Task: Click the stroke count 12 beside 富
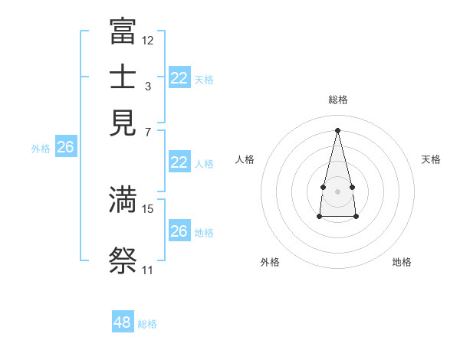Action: pyautogui.click(x=148, y=40)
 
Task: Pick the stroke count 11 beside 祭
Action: pyautogui.click(x=147, y=270)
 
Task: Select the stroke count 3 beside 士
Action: pyautogui.click(x=148, y=87)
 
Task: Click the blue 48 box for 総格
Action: pyautogui.click(x=123, y=322)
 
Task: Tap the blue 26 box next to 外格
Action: pyautogui.click(x=65, y=147)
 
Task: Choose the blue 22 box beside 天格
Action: pyautogui.click(x=179, y=78)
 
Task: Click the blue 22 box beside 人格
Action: pyautogui.click(x=179, y=162)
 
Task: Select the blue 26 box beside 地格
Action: pyautogui.click(x=179, y=231)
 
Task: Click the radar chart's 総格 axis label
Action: pyautogui.click(x=337, y=100)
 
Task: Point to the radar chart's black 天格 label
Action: pyautogui.click(x=431, y=159)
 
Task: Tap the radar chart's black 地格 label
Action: pyautogui.click(x=402, y=262)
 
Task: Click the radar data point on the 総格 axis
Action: pyautogui.click(x=337, y=129)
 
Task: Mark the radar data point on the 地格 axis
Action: pyautogui.click(x=356, y=217)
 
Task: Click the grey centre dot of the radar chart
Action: pyautogui.click(x=337, y=191)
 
